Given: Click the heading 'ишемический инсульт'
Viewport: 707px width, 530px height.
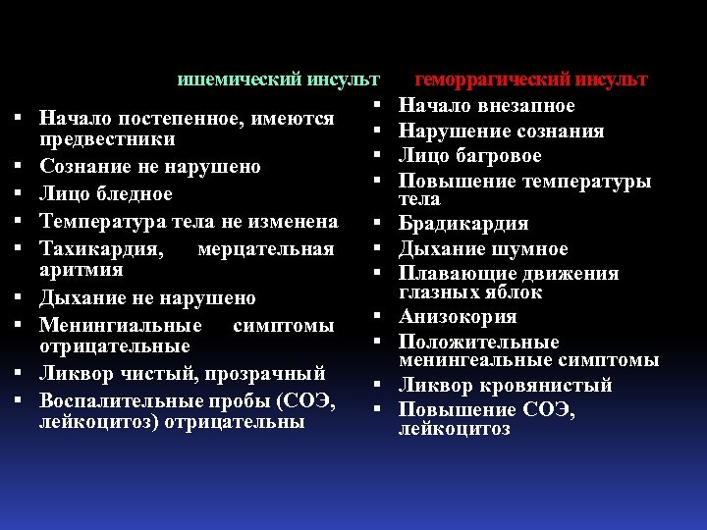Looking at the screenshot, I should (x=278, y=79).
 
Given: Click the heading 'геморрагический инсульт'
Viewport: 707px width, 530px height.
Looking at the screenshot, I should (x=531, y=79).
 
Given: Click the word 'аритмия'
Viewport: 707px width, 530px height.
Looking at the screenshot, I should (x=81, y=270).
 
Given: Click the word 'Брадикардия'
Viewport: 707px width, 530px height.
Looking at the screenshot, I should (x=463, y=224).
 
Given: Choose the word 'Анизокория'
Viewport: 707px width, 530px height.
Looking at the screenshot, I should (x=458, y=317).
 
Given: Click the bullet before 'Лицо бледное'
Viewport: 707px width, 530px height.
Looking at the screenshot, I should (x=20, y=194).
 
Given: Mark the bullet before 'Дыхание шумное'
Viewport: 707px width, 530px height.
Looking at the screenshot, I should (x=377, y=249).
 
